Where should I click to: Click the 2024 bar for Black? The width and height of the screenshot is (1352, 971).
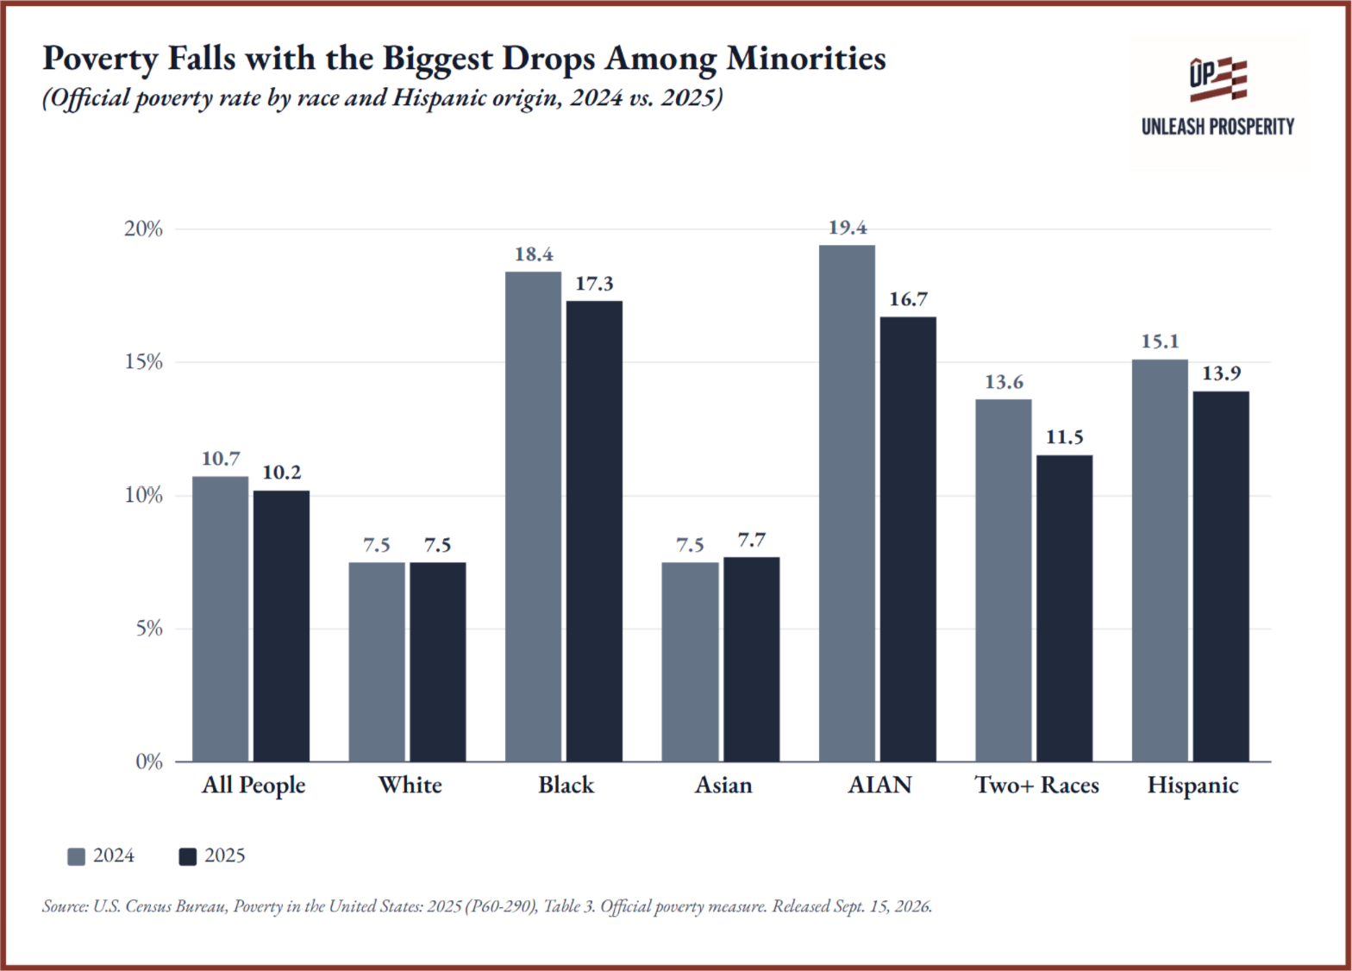click(x=533, y=517)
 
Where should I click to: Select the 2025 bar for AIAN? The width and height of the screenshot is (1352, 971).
click(x=908, y=539)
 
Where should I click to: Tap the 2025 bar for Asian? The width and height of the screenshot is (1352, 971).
click(x=752, y=659)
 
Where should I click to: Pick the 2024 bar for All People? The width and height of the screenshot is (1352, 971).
click(x=221, y=619)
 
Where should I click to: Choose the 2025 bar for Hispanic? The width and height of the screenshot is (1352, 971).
click(x=1221, y=576)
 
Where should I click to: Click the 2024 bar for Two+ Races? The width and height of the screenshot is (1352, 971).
click(x=1003, y=580)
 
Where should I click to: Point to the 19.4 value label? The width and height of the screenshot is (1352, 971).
click(x=848, y=228)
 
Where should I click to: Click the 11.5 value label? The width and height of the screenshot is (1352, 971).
click(x=1065, y=437)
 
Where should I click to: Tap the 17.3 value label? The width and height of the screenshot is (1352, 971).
click(x=594, y=284)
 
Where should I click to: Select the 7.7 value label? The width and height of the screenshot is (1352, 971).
click(x=752, y=540)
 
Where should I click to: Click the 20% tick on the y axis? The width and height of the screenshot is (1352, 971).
click(x=144, y=229)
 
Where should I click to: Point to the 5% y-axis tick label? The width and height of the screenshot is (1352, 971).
click(x=149, y=629)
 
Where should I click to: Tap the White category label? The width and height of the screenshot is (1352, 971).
click(x=410, y=785)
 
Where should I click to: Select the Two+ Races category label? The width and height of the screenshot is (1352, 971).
click(x=1036, y=785)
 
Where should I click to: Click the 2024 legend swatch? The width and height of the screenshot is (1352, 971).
click(x=76, y=857)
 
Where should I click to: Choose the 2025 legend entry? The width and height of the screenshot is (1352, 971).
click(x=212, y=856)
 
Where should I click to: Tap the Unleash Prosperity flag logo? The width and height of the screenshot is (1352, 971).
click(x=1218, y=79)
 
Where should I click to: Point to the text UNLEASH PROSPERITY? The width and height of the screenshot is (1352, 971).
click(x=1218, y=127)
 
